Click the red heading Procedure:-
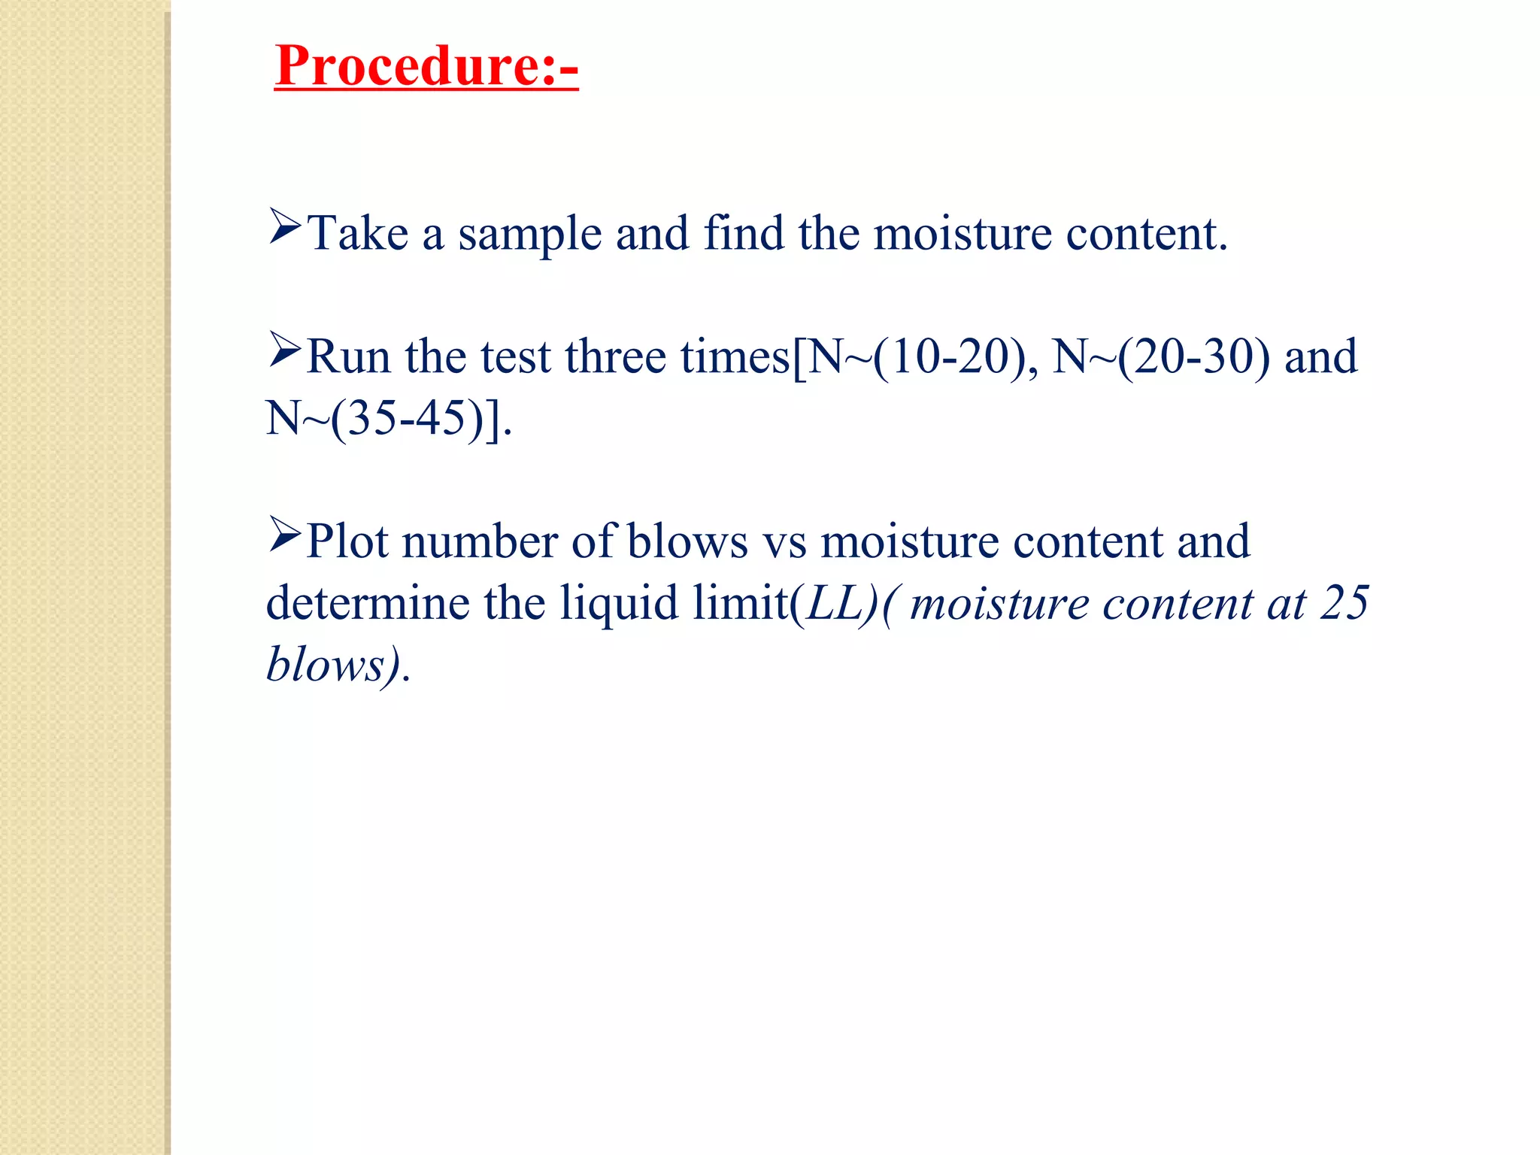pyautogui.click(x=426, y=66)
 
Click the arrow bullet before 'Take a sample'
pyautogui.click(x=285, y=227)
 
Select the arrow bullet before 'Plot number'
pyautogui.click(x=285, y=535)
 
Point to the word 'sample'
pyautogui.click(x=530, y=235)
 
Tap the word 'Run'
pyautogui.click(x=349, y=356)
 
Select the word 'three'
pyautogui.click(x=616, y=356)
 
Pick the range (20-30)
pyautogui.click(x=1194, y=356)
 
